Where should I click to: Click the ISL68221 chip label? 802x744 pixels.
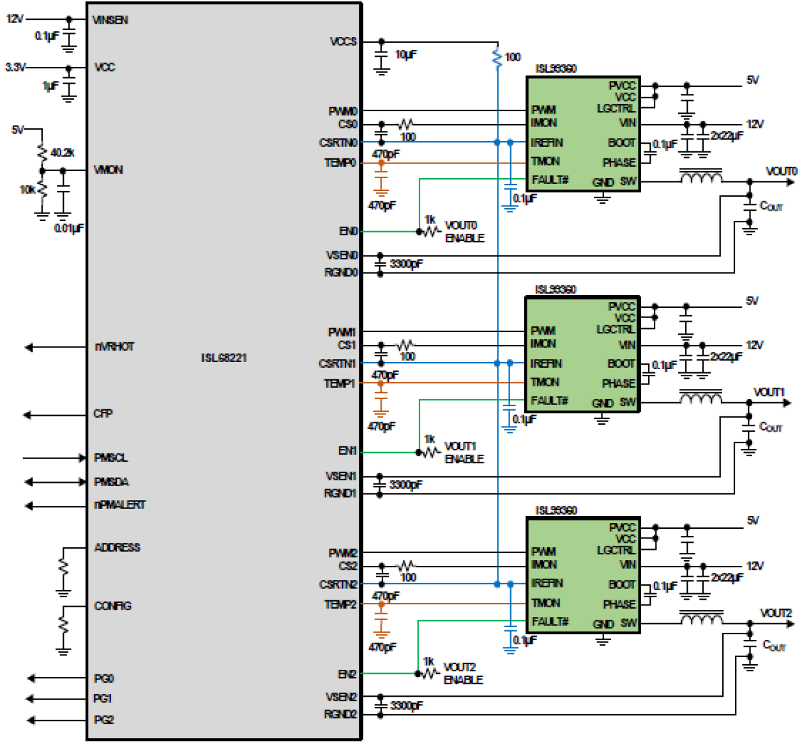point(223,358)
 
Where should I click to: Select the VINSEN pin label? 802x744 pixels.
point(110,20)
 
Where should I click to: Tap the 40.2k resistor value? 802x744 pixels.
point(63,153)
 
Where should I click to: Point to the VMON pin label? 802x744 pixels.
point(108,170)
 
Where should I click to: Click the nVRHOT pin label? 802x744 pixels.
point(114,347)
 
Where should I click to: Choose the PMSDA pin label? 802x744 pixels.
point(111,482)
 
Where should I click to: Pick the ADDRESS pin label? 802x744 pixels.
point(117,547)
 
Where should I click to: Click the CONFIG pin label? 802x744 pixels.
point(112,605)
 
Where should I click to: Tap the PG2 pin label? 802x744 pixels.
point(103,720)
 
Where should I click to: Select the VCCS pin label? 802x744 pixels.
point(343,42)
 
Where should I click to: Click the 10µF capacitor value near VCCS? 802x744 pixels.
point(406,55)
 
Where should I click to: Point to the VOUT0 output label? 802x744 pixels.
point(781,171)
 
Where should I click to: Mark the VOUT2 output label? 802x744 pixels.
point(776,613)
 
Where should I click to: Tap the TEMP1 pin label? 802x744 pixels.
point(339,384)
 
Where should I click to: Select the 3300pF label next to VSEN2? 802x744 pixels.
point(407,706)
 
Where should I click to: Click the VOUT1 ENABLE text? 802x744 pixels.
point(464,453)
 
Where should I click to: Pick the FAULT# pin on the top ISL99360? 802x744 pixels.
point(550,180)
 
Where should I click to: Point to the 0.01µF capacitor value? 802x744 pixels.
point(69,228)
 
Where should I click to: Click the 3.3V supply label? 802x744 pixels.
point(15,67)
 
